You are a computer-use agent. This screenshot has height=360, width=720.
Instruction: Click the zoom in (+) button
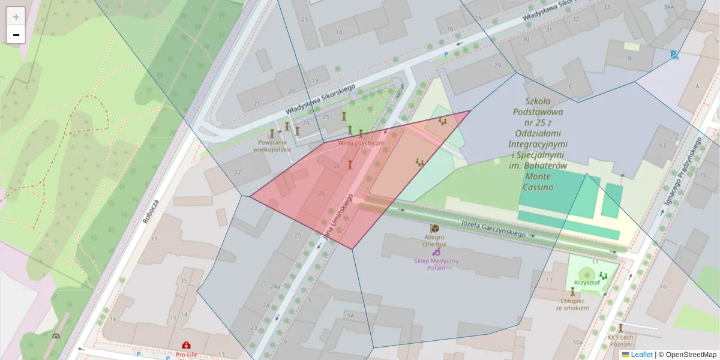coord(16,16)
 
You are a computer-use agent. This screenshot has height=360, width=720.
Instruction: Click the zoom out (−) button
coord(16,35)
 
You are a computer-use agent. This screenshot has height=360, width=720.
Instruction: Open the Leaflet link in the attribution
coord(641,355)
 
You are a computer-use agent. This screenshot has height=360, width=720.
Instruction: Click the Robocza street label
coord(150,211)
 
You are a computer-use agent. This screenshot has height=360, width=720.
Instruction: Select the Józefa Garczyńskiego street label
coord(493,229)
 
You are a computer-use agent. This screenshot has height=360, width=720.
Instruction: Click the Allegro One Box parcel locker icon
coord(434,229)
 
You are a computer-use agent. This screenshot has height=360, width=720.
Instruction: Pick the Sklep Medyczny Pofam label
coord(436,264)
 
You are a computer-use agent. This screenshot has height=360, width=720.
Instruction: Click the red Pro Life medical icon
coord(187,346)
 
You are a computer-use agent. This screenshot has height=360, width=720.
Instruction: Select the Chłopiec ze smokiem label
coord(572,304)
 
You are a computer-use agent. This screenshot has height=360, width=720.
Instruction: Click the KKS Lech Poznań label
coord(620,340)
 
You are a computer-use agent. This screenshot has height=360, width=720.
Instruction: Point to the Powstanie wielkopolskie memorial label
coord(272,146)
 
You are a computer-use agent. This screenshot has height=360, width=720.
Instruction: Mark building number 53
coord(662,146)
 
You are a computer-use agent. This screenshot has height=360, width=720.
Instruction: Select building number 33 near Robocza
coord(154,239)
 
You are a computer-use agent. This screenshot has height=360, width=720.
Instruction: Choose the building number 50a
coord(577,342)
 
